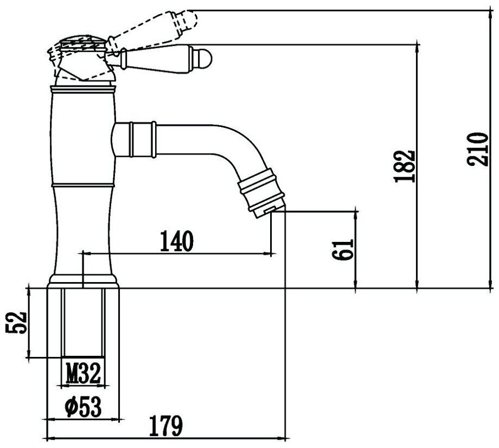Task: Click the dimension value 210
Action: (x=477, y=149)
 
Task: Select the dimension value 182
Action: (x=406, y=165)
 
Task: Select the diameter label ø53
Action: (x=82, y=407)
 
